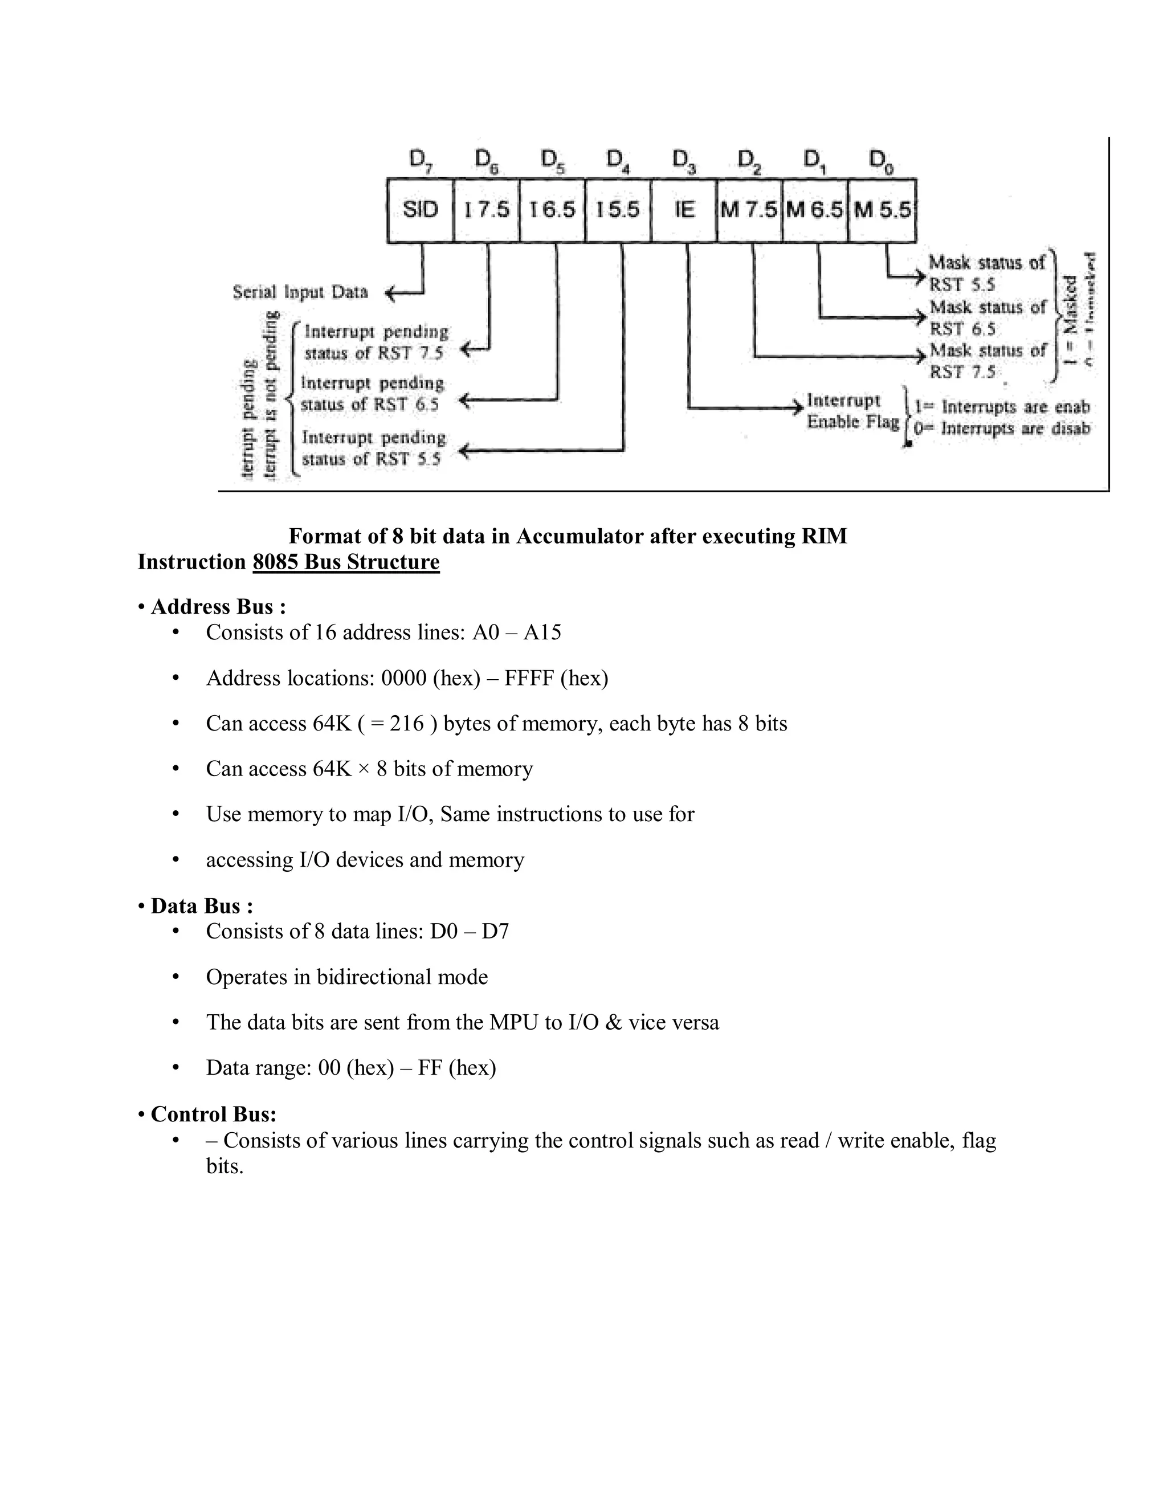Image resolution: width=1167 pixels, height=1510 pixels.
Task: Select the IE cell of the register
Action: (684, 210)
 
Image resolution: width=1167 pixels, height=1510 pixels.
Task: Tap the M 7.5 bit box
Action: (749, 210)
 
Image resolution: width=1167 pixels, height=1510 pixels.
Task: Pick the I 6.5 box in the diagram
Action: (552, 210)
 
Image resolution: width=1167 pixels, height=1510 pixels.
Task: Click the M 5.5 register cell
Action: (882, 210)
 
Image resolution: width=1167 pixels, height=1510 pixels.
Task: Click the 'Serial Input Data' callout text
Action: (300, 292)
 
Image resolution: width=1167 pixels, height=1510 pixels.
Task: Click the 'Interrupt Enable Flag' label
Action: (852, 411)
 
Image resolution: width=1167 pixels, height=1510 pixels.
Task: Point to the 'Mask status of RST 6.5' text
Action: (986, 317)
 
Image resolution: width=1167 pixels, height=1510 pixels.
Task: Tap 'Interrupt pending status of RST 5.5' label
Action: (373, 448)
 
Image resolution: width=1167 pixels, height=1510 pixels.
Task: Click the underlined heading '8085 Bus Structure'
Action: (346, 562)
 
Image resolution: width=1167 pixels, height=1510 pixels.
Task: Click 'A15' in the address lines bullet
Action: (542, 632)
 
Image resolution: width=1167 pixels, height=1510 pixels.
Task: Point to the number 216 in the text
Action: (406, 723)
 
